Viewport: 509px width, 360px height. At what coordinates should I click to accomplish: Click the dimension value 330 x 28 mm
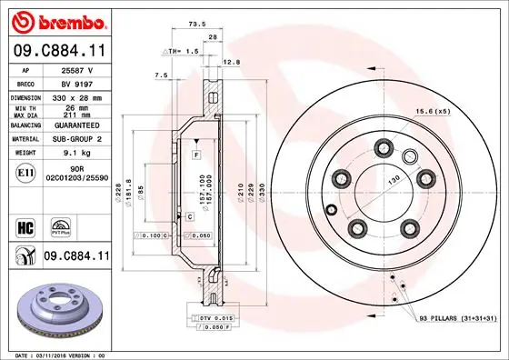tap(74, 95)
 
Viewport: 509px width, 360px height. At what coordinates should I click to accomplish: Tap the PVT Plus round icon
tap(63, 224)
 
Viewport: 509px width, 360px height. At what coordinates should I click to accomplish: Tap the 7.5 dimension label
tap(163, 75)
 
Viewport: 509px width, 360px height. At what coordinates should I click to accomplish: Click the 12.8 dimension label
tap(233, 62)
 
